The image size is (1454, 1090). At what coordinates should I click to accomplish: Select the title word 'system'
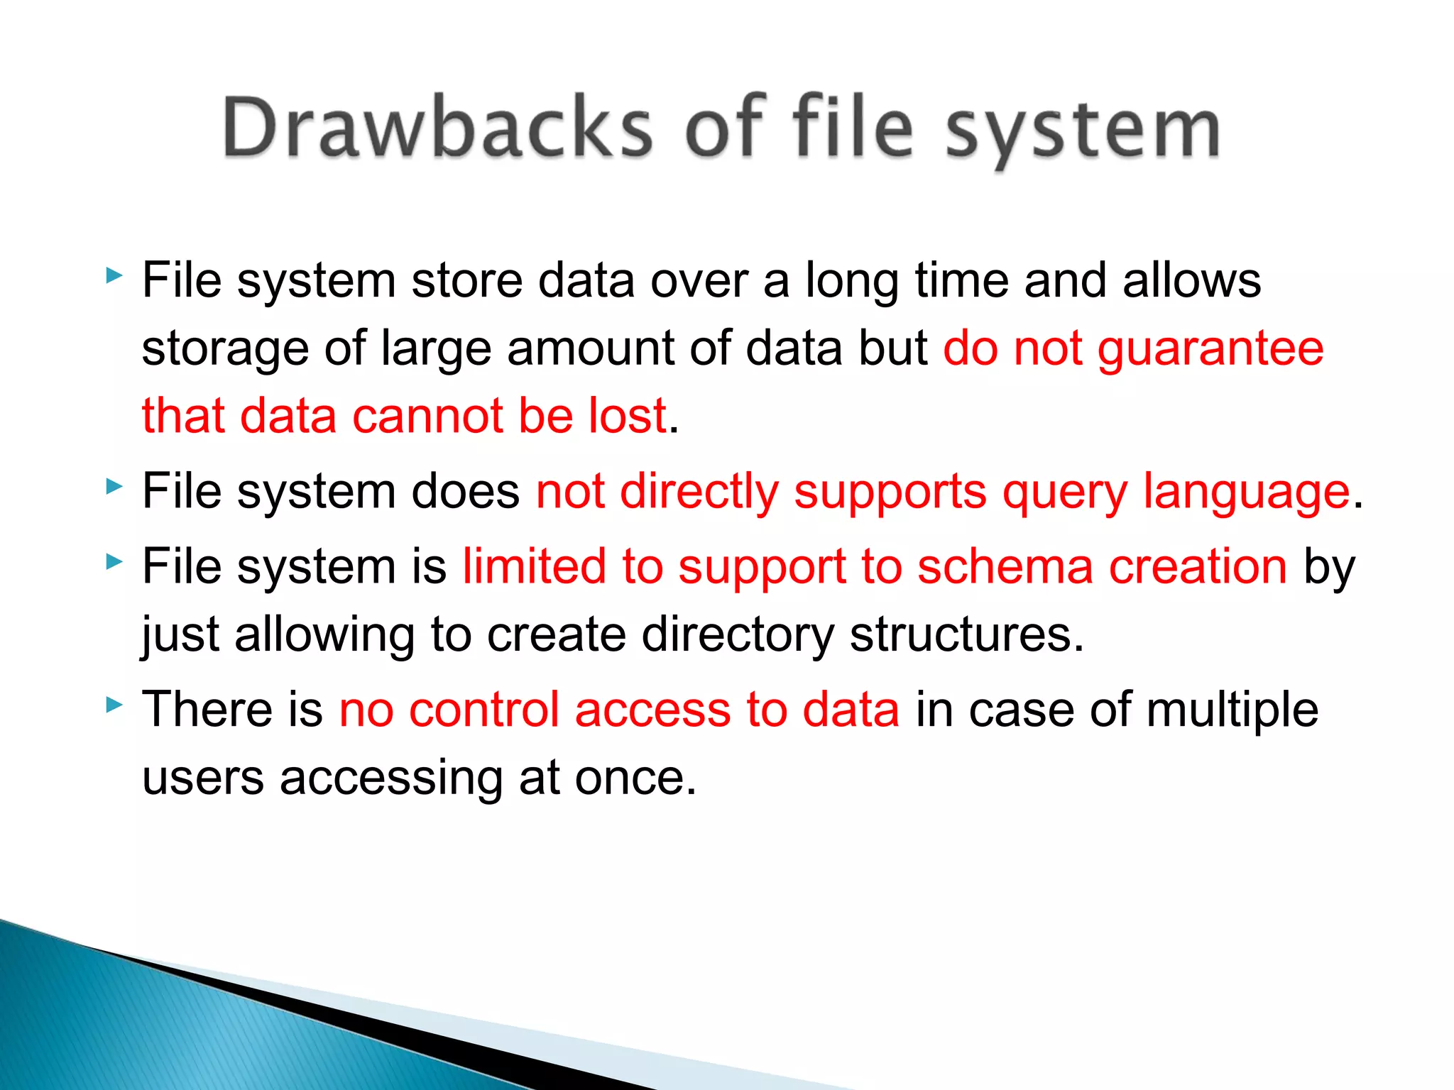(x=1082, y=132)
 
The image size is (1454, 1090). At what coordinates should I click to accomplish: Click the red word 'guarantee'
(x=1210, y=348)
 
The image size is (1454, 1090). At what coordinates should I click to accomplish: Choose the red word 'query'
(x=1064, y=492)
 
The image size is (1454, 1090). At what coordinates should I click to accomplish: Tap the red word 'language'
(x=1246, y=492)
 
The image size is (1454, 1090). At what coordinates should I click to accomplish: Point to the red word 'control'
(x=484, y=709)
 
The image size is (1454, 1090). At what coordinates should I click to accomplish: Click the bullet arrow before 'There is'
(x=114, y=705)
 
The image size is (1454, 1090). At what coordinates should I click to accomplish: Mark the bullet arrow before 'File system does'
(x=114, y=487)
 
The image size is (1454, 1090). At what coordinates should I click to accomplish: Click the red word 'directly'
(x=699, y=492)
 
